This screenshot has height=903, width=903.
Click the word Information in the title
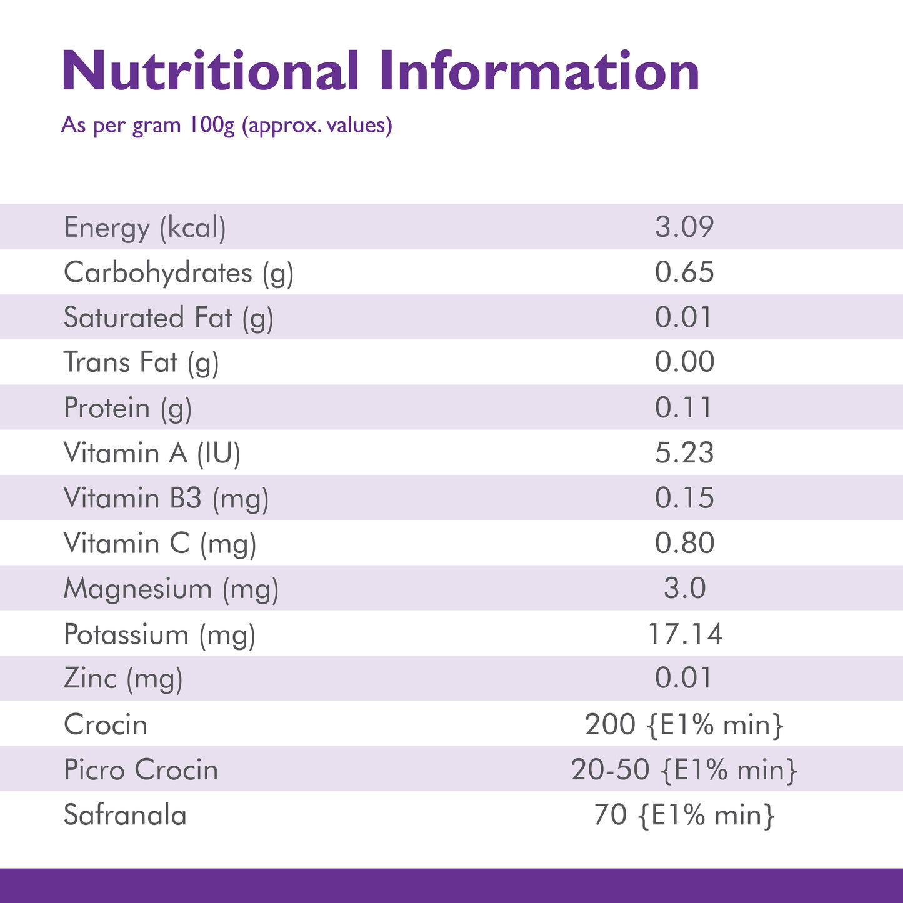[x=539, y=71]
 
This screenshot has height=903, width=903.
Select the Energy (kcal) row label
[x=145, y=227]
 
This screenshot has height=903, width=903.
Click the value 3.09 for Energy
[x=684, y=227]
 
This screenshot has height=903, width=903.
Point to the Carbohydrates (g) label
[x=179, y=273]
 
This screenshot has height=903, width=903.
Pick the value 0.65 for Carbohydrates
[x=684, y=272]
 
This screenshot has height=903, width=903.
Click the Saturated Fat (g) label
[x=169, y=318]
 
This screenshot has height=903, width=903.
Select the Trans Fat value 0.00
[x=684, y=362]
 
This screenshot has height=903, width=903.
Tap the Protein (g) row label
[x=128, y=409]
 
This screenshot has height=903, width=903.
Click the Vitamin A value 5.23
[x=684, y=453]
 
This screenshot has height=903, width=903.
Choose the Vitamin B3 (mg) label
[x=166, y=499]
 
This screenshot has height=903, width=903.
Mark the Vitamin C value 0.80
[x=684, y=543]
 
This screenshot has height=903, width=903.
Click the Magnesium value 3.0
[x=684, y=589]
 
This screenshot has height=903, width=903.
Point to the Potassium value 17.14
[x=685, y=634]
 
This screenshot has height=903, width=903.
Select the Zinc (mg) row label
[x=123, y=679]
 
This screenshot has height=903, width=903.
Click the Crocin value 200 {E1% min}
[x=684, y=725]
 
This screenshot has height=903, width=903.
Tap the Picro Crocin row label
[x=141, y=770]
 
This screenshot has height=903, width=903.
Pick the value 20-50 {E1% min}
[x=684, y=770]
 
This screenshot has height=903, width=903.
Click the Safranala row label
[x=126, y=816]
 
